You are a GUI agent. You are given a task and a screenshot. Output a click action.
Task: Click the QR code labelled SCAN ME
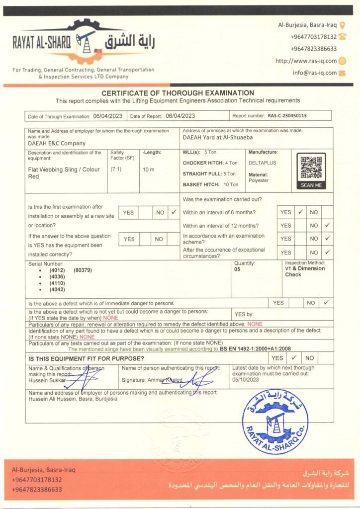click(311, 169)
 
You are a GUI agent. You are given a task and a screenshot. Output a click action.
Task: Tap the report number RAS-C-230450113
click(287, 116)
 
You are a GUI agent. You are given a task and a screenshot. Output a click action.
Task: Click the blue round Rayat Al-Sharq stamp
click(275, 422)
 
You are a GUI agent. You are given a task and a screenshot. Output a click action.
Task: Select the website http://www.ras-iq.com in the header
click(306, 61)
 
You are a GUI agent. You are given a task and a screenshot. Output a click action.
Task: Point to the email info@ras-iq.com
click(315, 73)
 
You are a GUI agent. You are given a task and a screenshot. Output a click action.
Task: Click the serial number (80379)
click(83, 270)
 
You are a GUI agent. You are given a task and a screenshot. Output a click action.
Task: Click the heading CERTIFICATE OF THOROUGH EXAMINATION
click(178, 93)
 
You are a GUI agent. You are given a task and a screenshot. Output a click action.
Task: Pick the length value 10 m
click(149, 170)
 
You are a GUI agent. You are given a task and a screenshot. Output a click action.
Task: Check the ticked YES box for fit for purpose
click(294, 357)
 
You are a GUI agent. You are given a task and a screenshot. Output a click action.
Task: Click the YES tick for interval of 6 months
click(300, 212)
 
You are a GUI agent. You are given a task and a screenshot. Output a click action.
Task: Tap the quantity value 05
click(237, 269)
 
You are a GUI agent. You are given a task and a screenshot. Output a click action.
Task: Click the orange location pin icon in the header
click(343, 24)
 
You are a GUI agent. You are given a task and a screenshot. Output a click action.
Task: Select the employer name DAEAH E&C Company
click(57, 143)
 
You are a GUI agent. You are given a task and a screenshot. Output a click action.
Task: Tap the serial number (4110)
click(57, 283)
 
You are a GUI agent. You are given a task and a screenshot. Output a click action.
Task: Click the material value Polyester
click(259, 180)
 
